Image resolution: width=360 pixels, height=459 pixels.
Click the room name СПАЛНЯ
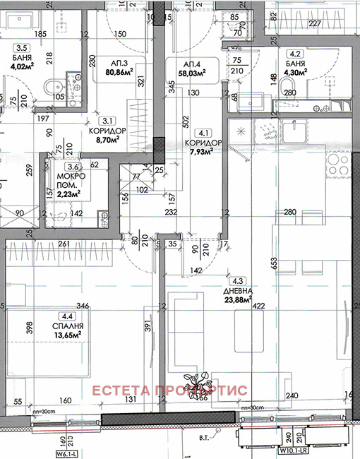coord(68,326)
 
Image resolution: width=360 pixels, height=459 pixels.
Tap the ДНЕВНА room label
coord(239,298)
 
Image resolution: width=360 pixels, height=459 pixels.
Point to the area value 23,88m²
coord(239,307)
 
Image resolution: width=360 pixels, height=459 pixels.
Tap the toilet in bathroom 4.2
coord(287,88)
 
